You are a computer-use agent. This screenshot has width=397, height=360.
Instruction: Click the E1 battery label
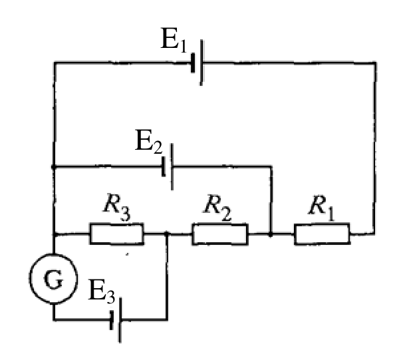[x=174, y=40]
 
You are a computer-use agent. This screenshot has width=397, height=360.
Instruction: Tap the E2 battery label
[x=148, y=141]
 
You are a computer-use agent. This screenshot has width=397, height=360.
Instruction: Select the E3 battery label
[x=102, y=291]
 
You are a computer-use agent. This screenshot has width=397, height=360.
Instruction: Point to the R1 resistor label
[x=322, y=208]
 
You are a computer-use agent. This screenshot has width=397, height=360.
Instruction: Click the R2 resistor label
[x=217, y=208]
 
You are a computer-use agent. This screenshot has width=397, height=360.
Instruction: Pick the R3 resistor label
[x=117, y=207]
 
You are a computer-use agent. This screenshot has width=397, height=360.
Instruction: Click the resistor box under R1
[x=322, y=234]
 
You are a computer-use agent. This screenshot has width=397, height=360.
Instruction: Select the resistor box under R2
[x=220, y=234]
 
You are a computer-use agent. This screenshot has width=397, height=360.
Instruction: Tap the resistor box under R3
[x=117, y=234]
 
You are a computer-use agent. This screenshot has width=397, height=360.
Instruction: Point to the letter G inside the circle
[x=53, y=279]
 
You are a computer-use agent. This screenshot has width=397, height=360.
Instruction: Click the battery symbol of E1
[x=197, y=63]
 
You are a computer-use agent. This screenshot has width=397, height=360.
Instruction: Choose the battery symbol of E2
[x=168, y=167]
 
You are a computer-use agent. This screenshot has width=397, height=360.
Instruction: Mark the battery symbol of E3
[x=116, y=320]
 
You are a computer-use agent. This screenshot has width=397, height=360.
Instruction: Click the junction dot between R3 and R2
[x=166, y=234]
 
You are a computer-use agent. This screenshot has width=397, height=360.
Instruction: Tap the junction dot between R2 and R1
[x=271, y=235]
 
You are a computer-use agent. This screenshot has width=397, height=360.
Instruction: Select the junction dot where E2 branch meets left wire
[x=53, y=167]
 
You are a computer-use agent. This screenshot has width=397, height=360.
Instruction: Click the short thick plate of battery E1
[x=193, y=63]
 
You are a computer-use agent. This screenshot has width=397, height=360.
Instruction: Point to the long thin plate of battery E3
[x=120, y=320]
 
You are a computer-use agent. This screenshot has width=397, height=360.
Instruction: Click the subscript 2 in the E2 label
[x=158, y=148]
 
